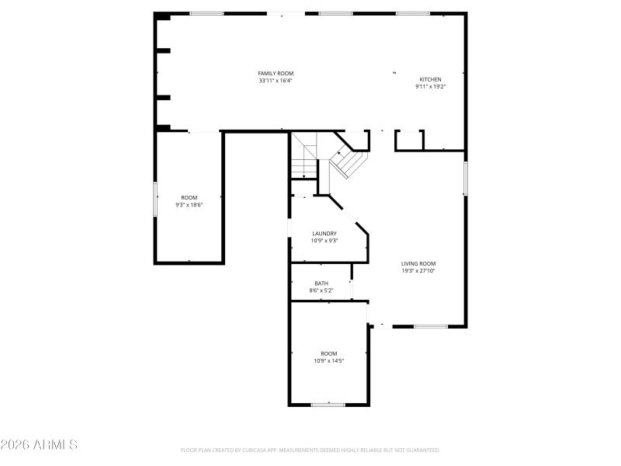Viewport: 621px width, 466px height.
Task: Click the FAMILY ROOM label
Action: coord(276,73)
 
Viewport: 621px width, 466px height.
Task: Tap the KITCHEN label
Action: coord(430,79)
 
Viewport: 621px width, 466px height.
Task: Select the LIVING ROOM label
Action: coord(418,263)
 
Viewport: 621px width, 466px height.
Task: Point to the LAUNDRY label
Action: coord(324,233)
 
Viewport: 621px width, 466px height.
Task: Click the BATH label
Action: coord(321,283)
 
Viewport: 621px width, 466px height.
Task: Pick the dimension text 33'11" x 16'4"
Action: coord(276,80)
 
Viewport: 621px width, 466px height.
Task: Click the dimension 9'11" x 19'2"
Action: coord(430,86)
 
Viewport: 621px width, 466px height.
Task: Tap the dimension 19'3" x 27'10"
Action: coord(418,270)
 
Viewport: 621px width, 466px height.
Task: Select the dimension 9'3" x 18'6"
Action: coord(189,205)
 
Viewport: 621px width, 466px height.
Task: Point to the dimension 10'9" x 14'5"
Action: coord(328,360)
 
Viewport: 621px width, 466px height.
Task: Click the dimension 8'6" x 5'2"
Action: coord(321,290)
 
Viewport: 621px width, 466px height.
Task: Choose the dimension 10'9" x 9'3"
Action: coord(324,240)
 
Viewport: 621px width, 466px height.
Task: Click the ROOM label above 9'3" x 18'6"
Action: coord(189,198)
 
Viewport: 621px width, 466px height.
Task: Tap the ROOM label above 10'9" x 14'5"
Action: coord(328,353)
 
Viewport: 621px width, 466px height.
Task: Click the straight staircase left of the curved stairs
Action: coord(304,155)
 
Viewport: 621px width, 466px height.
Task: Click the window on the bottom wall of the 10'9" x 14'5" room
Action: coord(328,404)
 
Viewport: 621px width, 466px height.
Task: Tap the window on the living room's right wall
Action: coord(466,178)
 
